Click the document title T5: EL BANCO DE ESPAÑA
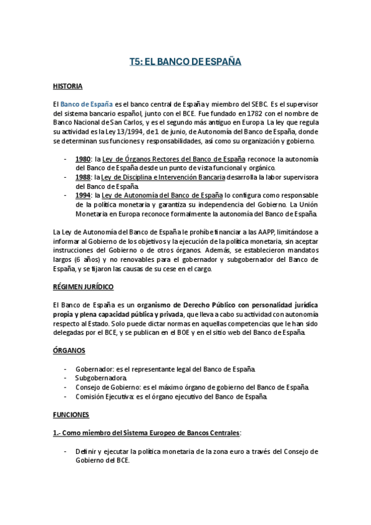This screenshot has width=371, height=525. [x=185, y=62]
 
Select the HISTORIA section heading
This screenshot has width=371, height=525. [x=69, y=85]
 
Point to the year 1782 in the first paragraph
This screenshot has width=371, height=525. [x=240, y=114]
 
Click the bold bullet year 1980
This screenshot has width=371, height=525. [x=84, y=159]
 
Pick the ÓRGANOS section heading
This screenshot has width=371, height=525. [x=69, y=350]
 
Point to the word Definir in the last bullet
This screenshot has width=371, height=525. [x=85, y=451]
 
